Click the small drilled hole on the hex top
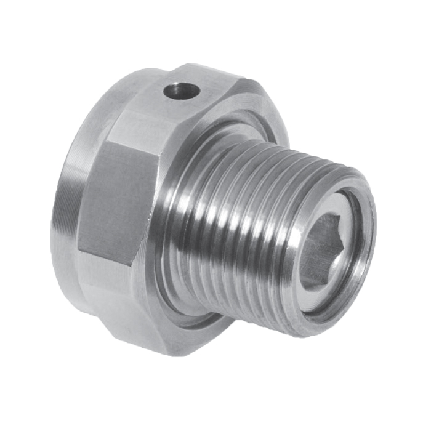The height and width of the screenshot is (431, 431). pyautogui.click(x=182, y=92)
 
